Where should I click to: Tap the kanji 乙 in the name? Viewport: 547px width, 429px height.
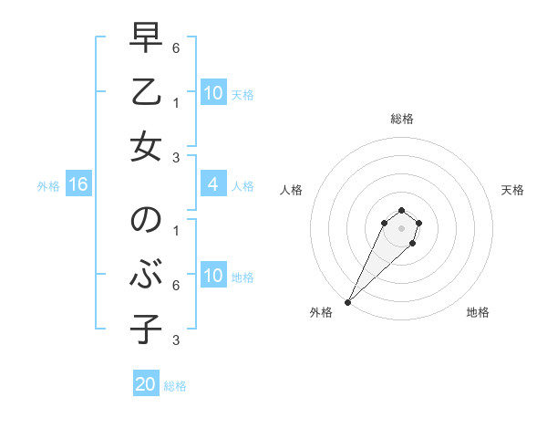pyautogui.click(x=145, y=92)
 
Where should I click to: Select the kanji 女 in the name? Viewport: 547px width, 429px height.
pyautogui.click(x=145, y=146)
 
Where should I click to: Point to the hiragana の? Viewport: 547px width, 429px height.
pyautogui.click(x=145, y=222)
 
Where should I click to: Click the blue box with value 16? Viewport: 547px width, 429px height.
pyautogui.click(x=77, y=185)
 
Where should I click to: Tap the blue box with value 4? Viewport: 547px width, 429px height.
pyautogui.click(x=212, y=185)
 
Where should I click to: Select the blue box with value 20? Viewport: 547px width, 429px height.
pyautogui.click(x=145, y=384)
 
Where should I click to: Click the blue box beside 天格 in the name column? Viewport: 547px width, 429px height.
pyautogui.click(x=212, y=92)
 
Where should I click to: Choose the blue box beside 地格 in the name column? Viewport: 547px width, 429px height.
pyautogui.click(x=212, y=276)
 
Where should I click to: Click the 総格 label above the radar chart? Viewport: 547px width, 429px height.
pyautogui.click(x=401, y=119)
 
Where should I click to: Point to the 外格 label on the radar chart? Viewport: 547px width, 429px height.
pyautogui.click(x=321, y=313)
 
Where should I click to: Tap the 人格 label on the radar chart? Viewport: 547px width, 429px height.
pyautogui.click(x=292, y=190)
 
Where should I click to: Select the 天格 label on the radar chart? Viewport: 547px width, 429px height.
pyautogui.click(x=512, y=190)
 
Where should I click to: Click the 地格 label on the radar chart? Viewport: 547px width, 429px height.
pyautogui.click(x=478, y=313)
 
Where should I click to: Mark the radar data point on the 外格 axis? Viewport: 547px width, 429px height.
pyautogui.click(x=347, y=302)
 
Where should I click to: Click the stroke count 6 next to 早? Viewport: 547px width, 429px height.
pyautogui.click(x=175, y=46)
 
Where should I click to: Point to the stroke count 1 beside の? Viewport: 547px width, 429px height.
pyautogui.click(x=175, y=230)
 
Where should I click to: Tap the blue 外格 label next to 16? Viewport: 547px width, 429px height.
pyautogui.click(x=48, y=186)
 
